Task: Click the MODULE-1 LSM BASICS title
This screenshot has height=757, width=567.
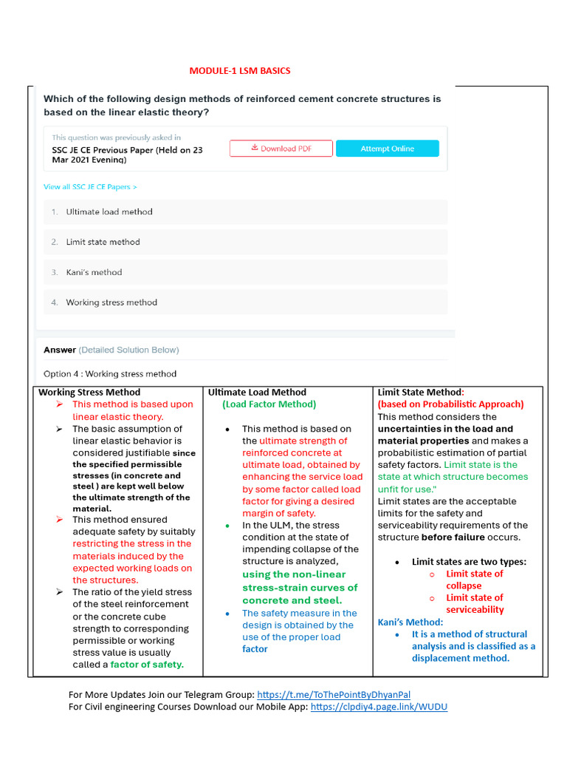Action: point(240,71)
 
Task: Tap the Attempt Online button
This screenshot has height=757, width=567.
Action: point(387,149)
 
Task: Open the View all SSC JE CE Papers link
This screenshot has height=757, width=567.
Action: point(90,187)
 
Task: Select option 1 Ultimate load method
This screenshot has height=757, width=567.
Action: point(109,212)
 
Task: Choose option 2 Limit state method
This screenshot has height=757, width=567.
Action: point(103,242)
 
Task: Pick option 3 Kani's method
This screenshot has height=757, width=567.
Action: point(94,273)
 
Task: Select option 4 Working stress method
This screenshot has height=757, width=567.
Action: point(111,302)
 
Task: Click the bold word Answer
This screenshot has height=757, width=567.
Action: point(60,350)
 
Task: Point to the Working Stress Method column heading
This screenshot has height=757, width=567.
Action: point(89,393)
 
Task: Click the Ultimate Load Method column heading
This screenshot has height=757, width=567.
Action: point(257,393)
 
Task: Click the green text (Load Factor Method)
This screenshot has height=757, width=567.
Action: point(269,404)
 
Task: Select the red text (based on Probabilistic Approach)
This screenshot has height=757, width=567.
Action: point(450,404)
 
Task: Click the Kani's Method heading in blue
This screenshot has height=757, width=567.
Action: point(410,622)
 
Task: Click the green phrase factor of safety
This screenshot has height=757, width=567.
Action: point(147,665)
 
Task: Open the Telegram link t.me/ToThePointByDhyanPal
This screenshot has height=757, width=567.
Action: point(334,695)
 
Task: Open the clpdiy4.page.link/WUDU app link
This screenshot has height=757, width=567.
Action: point(379,707)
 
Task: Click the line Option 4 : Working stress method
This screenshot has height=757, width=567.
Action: point(110,374)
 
